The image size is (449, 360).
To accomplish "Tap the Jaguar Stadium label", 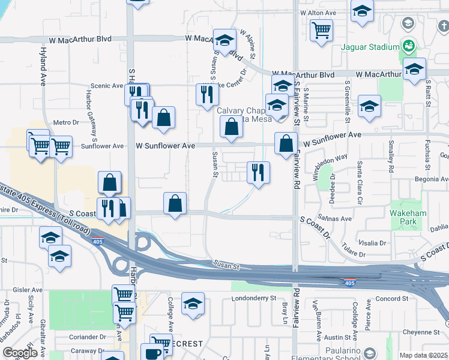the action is [370, 47].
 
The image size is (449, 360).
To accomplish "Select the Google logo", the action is [20, 353].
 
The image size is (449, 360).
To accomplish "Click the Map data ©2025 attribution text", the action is [423, 355].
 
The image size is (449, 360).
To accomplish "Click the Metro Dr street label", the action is [66, 122].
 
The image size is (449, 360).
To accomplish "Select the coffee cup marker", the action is [151, 353].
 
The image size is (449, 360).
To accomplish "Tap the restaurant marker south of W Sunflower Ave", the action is [258, 172].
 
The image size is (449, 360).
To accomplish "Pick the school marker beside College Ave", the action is [193, 304].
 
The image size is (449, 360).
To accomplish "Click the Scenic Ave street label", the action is [106, 86].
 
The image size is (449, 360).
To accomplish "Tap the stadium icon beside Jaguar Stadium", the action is [409, 46].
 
